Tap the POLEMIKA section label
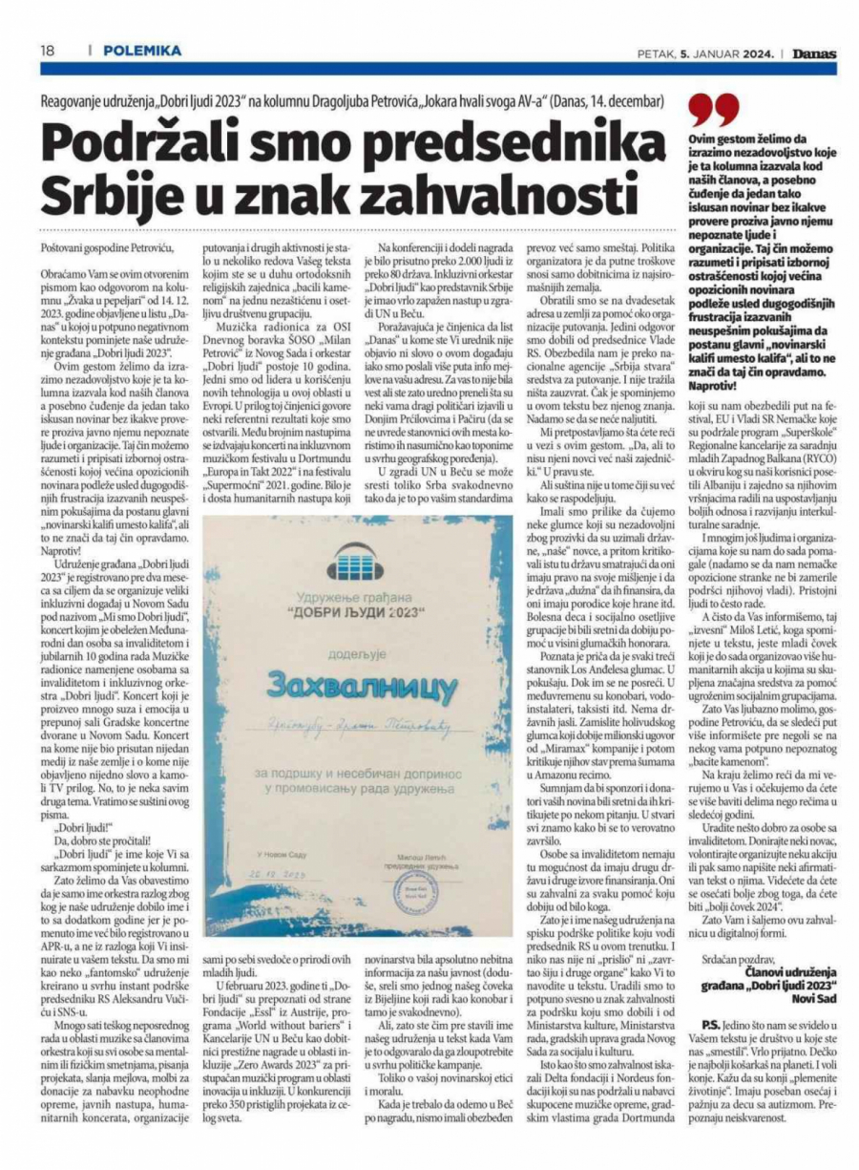click(142, 50)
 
